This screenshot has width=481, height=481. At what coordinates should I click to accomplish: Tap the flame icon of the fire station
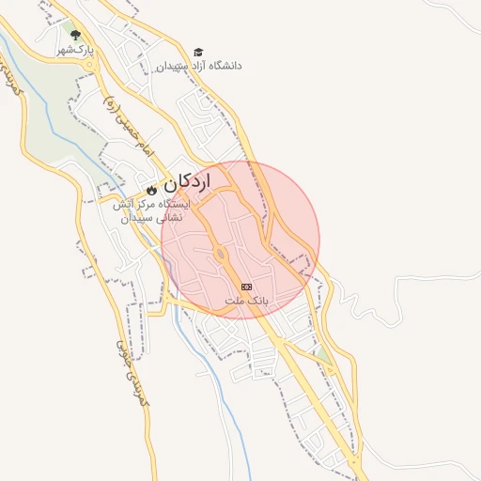point(151,190)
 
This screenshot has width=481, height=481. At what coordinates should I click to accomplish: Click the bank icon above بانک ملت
point(246,287)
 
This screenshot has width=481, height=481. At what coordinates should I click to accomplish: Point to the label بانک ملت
point(247,301)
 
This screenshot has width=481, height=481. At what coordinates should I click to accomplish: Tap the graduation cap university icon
point(197,52)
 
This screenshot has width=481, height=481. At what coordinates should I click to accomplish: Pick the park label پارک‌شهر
point(74,50)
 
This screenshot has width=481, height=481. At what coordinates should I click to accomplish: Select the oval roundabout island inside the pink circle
point(220,254)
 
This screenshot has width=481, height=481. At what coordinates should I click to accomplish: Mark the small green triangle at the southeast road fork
point(323,357)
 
